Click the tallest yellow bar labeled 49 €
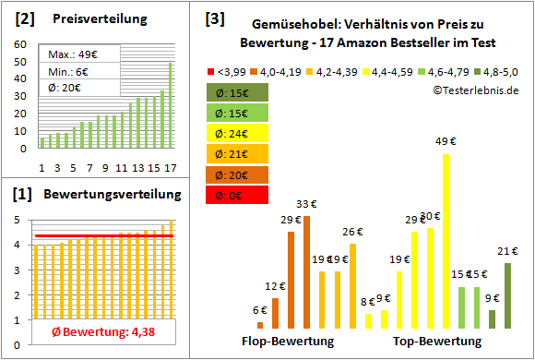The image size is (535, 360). click(x=446, y=241)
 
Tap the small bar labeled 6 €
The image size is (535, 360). click(x=260, y=325)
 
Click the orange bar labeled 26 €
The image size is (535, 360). click(x=352, y=285)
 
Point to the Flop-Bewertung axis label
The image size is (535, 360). click(x=288, y=342)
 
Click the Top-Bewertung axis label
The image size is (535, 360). click(x=437, y=342)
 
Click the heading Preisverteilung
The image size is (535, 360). click(x=91, y=19)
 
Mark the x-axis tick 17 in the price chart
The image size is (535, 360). click(x=170, y=167)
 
